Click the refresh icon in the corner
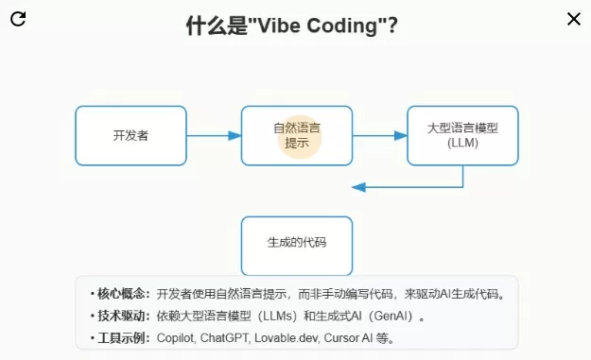point(18,19)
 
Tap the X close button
point(574,19)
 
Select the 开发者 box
point(130,135)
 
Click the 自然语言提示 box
point(297,135)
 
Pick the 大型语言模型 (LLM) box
point(462,135)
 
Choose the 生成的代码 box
point(297,246)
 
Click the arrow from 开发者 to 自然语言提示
point(214,135)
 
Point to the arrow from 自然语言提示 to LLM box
point(380,135)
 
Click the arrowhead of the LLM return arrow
point(358,187)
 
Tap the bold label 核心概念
point(121,294)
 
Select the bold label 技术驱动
point(121,316)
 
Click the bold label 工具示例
point(121,337)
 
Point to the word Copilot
point(175,337)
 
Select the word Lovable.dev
point(287,337)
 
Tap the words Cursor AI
point(348,337)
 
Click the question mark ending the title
point(392,26)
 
